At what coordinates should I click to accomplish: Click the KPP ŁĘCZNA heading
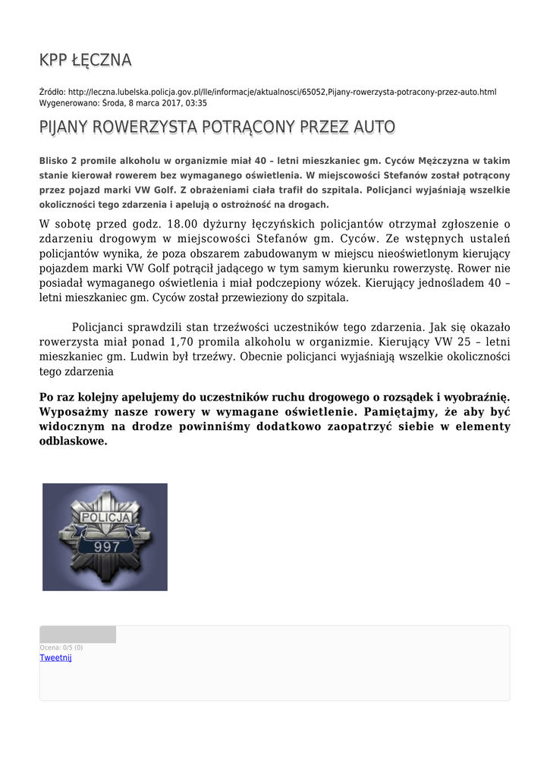click(x=86, y=60)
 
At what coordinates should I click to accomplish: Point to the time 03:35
click(x=196, y=102)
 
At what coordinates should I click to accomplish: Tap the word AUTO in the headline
click(x=374, y=127)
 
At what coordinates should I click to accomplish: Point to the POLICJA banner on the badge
click(x=106, y=518)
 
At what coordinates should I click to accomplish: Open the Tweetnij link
click(x=55, y=658)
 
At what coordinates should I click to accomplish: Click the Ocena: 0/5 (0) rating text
click(x=61, y=647)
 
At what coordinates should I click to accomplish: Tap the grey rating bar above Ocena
click(x=77, y=634)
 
